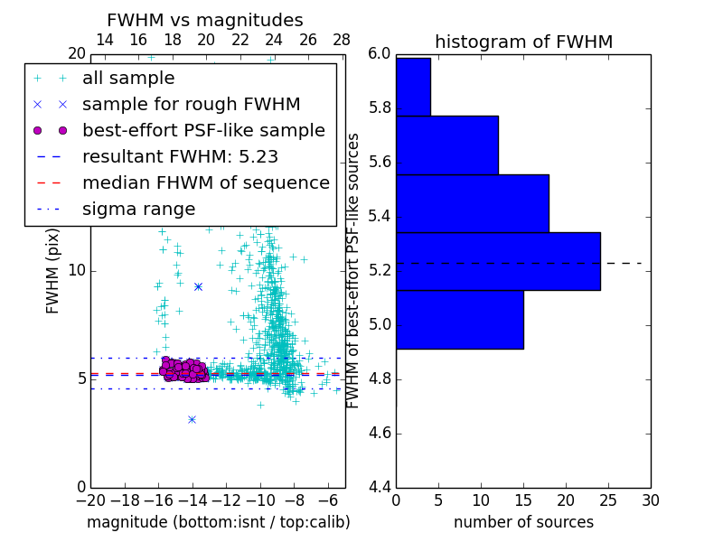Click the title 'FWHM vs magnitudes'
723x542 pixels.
click(x=205, y=20)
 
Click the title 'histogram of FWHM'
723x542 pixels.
click(x=523, y=42)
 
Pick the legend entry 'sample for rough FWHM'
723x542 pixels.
click(x=191, y=105)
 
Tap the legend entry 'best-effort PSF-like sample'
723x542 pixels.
click(x=203, y=130)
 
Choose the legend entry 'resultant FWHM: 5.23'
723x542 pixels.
click(x=180, y=156)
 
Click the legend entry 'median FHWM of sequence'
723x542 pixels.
click(x=205, y=182)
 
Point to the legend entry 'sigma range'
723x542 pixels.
click(x=138, y=209)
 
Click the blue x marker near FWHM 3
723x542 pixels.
click(x=192, y=419)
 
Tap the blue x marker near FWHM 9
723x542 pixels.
click(x=198, y=286)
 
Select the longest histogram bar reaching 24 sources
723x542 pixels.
click(x=498, y=261)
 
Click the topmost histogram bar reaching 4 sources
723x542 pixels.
click(x=413, y=87)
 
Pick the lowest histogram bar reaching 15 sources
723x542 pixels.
click(x=459, y=319)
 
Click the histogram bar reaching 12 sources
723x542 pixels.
click(x=446, y=145)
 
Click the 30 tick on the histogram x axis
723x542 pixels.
click(x=650, y=500)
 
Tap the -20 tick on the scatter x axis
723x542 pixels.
click(x=90, y=500)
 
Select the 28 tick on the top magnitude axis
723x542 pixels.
click(x=342, y=40)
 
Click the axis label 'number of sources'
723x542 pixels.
click(x=523, y=522)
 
